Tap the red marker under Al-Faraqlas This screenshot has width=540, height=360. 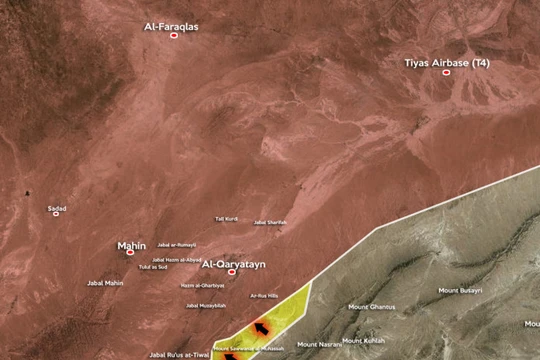tap(174, 35)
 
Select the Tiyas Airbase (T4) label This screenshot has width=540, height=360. tap(447, 62)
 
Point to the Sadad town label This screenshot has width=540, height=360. tap(57, 208)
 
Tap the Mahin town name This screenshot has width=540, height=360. tap(131, 243)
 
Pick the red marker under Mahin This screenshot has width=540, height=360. tap(130, 252)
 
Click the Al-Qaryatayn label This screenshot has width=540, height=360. tap(233, 263)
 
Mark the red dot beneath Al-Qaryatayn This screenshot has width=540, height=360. tap(233, 272)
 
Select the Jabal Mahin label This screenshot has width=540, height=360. tap(105, 283)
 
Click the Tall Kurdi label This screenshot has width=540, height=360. tap(226, 218)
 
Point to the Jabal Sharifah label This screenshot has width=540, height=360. tap(270, 222)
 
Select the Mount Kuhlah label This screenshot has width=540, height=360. tap(364, 340)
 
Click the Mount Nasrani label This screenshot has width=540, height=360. tap(319, 344)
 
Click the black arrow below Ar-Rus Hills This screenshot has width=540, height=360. tap(263, 326)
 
